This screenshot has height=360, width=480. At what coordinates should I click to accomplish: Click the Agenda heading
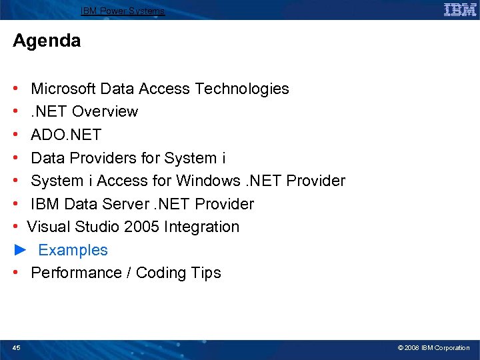tap(47, 41)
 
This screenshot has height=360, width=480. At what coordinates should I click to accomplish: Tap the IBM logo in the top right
tap(460, 9)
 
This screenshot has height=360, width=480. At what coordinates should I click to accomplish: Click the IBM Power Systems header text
tap(123, 11)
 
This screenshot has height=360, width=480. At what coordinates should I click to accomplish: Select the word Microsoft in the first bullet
tap(63, 89)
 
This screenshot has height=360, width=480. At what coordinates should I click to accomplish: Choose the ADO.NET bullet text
tap(66, 135)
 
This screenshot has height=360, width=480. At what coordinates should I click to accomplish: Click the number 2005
tap(142, 227)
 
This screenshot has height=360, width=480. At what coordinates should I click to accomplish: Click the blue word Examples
tap(73, 250)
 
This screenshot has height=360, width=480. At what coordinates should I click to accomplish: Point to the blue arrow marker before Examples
tap(20, 250)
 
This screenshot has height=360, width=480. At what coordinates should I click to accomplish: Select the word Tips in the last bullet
tap(206, 273)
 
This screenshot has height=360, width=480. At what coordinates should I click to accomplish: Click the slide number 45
tap(17, 347)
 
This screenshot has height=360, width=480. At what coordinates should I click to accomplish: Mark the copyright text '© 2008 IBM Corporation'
tap(433, 348)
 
